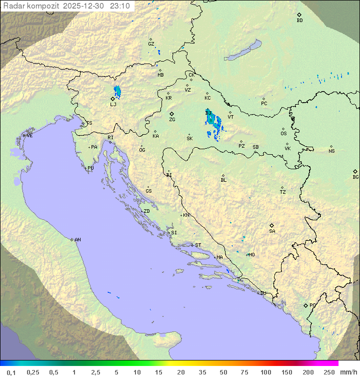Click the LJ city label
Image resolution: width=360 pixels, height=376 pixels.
point(113,104)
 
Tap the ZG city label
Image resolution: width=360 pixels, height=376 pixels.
point(172,120)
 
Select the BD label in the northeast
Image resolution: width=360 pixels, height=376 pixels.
point(299,21)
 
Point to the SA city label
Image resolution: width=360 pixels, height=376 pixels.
point(272,231)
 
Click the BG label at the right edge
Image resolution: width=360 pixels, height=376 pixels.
point(355,177)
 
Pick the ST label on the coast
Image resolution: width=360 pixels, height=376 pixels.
point(198,245)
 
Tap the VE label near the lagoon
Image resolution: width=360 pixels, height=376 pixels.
point(29,136)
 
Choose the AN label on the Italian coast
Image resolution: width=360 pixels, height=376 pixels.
point(77,240)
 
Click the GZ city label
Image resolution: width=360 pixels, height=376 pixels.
point(151,44)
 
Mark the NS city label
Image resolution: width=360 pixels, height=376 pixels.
point(331,151)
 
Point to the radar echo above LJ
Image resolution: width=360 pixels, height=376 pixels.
point(117,91)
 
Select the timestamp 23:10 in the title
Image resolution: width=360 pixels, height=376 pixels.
point(120,6)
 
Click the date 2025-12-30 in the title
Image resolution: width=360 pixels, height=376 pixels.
point(86,6)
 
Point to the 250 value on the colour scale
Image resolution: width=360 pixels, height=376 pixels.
point(328,372)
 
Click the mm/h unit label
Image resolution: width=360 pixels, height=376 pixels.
point(348,372)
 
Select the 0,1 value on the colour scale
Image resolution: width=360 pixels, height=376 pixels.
point(11,372)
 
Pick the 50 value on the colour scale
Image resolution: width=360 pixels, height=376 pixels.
point(223,372)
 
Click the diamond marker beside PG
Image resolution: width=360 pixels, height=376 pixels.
point(306,305)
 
